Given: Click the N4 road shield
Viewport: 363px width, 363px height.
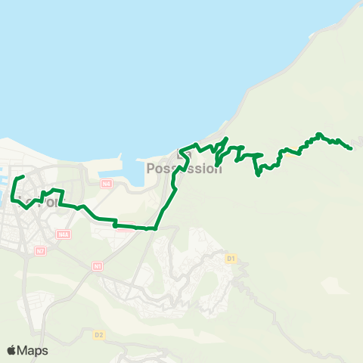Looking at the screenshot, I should pyautogui.click(x=107, y=184).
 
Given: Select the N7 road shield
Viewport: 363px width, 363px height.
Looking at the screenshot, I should pyautogui.click(x=40, y=250).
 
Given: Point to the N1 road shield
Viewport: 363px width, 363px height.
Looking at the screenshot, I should pyautogui.click(x=98, y=266).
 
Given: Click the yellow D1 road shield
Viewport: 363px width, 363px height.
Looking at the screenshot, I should pyautogui.click(x=231, y=259).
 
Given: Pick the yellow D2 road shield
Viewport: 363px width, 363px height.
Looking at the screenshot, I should pyautogui.click(x=98, y=334).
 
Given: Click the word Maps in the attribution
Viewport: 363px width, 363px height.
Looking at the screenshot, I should pyautogui.click(x=34, y=350).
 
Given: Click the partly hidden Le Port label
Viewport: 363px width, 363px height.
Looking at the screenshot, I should pyautogui.click(x=34, y=203).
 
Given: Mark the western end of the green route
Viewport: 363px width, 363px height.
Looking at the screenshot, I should pyautogui.click(x=23, y=177).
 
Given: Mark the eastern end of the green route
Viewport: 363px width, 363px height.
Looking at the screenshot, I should pyautogui.click(x=352, y=148).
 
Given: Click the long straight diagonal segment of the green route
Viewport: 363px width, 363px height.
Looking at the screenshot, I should pyautogui.click(x=168, y=205).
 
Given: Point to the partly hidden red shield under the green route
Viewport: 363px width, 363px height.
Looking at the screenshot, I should pyautogui.click(x=141, y=227).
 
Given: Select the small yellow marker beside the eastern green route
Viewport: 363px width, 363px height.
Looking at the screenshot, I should pyautogui.click(x=292, y=149).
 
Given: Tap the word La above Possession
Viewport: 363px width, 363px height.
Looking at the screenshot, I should pyautogui.click(x=182, y=154).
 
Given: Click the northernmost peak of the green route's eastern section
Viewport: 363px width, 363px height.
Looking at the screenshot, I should pyautogui.click(x=319, y=134).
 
